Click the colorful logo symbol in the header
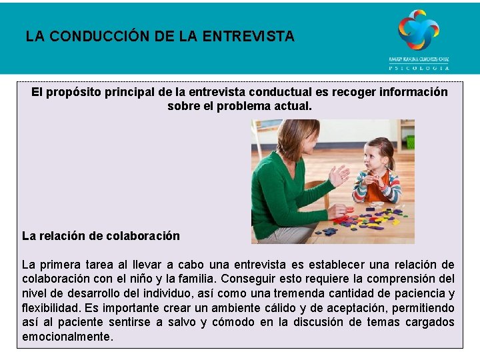pos(419,30)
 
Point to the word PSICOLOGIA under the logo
pos(419,67)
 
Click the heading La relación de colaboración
pos(101,235)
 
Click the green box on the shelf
pos(410,141)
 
